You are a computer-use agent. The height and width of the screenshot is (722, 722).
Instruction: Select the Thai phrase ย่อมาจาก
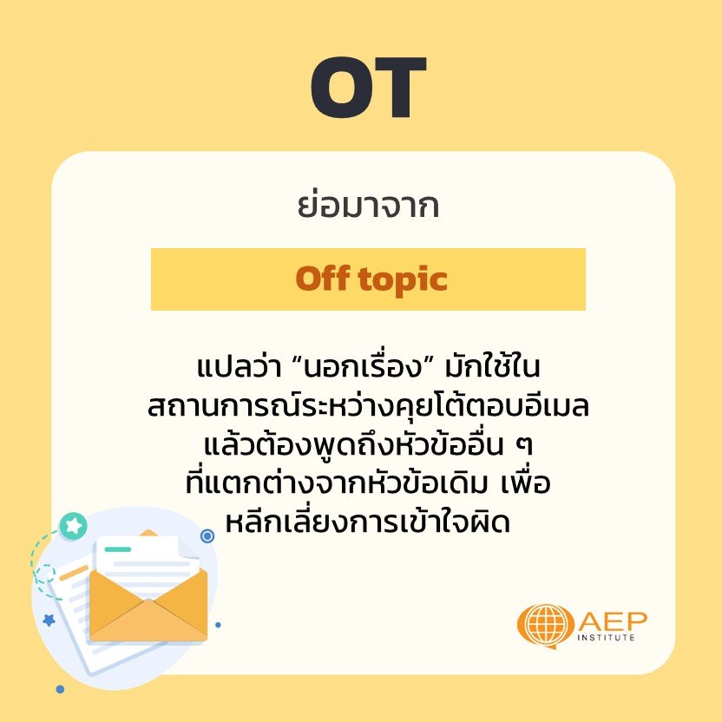368,205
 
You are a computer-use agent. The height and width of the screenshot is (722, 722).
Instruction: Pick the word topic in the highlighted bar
403,280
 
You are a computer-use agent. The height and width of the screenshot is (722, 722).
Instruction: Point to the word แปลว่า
239,366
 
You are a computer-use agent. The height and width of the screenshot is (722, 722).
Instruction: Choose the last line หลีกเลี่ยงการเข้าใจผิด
368,522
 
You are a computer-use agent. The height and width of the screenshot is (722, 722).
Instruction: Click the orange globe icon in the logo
546,626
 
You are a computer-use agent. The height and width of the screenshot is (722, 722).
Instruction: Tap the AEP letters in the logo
613,621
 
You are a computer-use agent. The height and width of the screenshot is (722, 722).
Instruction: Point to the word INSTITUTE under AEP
606,638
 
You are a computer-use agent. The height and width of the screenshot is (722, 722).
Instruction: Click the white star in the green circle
73,525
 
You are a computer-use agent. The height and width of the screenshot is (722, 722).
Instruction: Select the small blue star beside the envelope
49,620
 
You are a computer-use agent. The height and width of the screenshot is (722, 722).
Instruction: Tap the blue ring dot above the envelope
207,535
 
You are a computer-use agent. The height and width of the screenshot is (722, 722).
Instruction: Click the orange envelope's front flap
148,620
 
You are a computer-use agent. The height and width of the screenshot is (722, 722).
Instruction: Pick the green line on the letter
117,548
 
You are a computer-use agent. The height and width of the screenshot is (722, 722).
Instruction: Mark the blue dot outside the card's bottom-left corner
60,689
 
